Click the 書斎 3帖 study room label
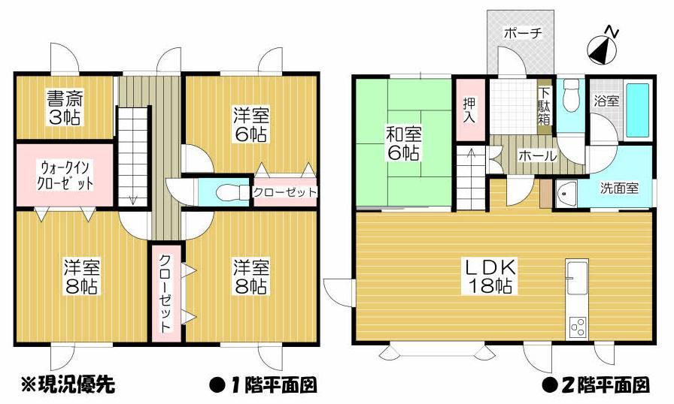pyautogui.click(x=65, y=107)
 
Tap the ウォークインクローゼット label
pyautogui.click(x=65, y=174)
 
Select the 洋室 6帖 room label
pyautogui.click(x=250, y=125)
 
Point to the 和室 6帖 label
pyautogui.click(x=403, y=143)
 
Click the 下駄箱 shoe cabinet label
pyautogui.click(x=544, y=104)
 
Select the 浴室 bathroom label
pyautogui.click(x=606, y=101)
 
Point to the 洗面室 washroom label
pyautogui.click(x=618, y=188)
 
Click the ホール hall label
pyautogui.click(x=536, y=156)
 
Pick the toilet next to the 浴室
pyautogui.click(x=570, y=95)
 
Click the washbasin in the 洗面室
pyautogui.click(x=566, y=194)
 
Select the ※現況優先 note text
pyautogui.click(x=66, y=385)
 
